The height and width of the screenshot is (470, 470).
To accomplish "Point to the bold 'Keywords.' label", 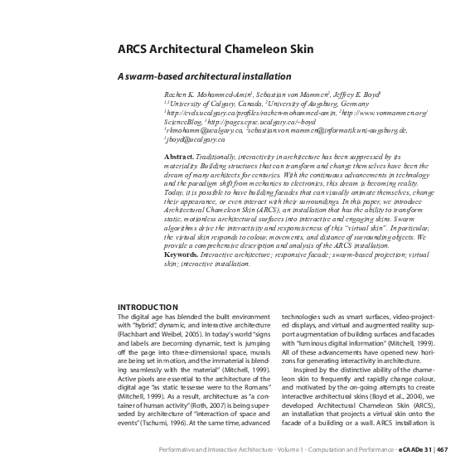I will pos(183,254).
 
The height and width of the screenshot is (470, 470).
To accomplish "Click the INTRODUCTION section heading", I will pos(148,308).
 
